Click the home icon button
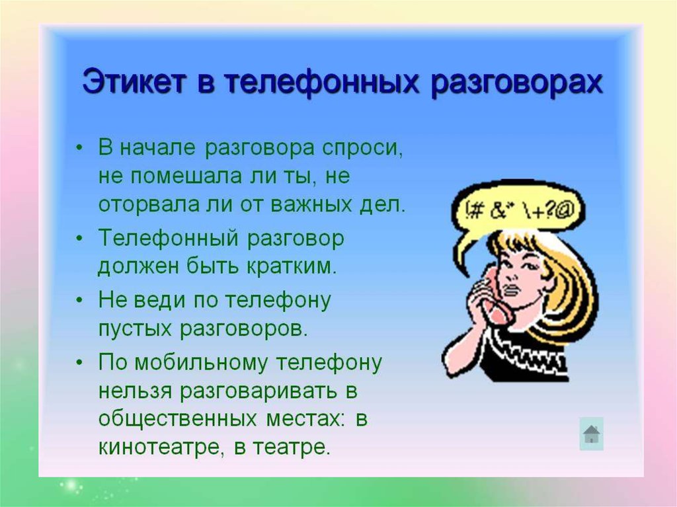[x=591, y=434]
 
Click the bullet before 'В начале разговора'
[x=79, y=147]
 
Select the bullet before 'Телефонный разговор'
[x=79, y=239]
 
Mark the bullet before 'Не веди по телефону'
[x=79, y=299]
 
